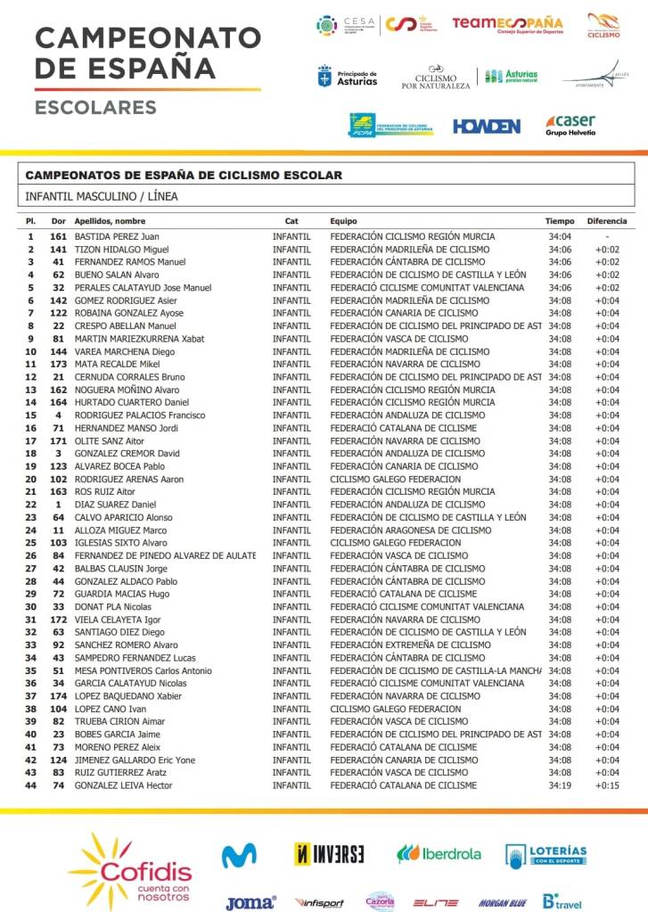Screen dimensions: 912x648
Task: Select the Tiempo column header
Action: point(560,221)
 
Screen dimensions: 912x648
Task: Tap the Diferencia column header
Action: point(607,221)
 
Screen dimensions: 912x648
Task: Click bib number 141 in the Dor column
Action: point(59,250)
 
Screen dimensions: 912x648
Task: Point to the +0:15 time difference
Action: point(607,785)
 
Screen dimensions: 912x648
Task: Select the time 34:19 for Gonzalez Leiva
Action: point(560,785)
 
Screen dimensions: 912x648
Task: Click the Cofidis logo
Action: point(133,869)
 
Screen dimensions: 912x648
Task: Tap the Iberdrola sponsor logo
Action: point(439,854)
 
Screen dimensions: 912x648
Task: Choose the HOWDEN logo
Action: point(487,127)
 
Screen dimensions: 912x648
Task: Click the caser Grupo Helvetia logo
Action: point(570,125)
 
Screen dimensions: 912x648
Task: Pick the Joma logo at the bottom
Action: point(250,902)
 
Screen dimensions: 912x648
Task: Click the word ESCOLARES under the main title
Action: point(95,108)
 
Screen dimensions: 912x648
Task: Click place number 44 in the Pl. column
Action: point(30,785)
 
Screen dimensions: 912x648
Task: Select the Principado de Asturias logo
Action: point(348,78)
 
